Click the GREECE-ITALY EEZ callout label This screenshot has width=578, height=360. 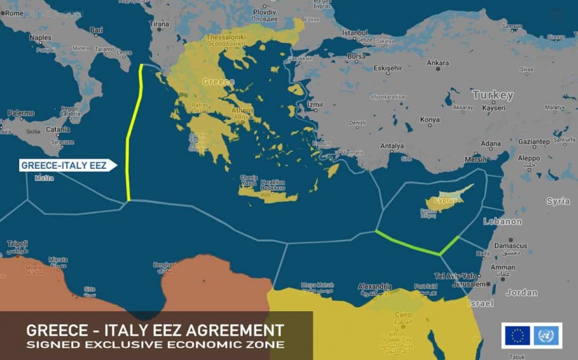(64, 166)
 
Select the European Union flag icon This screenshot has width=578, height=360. (517, 336)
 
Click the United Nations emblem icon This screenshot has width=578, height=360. (546, 336)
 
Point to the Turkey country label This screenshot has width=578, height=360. (493, 95)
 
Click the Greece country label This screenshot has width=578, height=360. (218, 82)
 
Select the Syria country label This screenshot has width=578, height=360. (557, 201)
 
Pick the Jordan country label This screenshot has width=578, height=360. (521, 293)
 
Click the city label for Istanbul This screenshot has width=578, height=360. (355, 32)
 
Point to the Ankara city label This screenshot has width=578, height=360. (438, 63)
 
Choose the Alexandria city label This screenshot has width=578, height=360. (374, 287)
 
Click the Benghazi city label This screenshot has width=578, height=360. (164, 264)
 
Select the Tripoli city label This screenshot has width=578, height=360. (17, 244)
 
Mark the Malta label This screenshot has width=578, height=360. (44, 178)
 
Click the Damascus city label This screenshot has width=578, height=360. (511, 245)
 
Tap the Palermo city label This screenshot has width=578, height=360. (21, 114)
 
